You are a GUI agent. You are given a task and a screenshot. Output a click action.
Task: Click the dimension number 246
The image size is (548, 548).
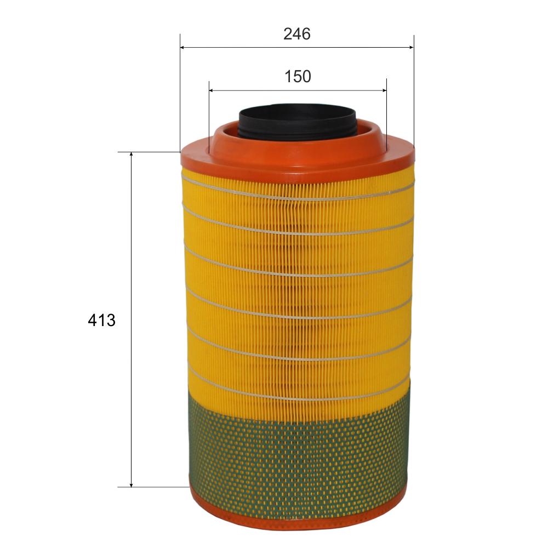click(x=296, y=34)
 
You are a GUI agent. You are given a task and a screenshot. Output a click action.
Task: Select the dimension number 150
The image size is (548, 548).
click(x=298, y=77)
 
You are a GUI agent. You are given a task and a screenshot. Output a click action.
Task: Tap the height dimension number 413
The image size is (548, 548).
click(x=102, y=320)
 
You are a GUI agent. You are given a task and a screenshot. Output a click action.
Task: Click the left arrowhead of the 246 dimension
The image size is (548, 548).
click(x=182, y=47)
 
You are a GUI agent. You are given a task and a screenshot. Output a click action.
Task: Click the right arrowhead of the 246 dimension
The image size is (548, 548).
click(x=411, y=47)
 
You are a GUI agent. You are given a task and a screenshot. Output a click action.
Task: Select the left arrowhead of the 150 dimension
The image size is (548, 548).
click(x=212, y=90)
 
